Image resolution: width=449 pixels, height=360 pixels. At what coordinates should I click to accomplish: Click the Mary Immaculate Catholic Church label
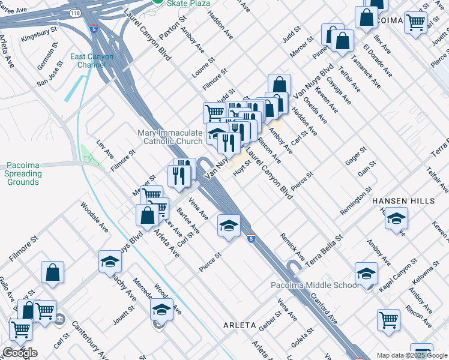pos(170,137)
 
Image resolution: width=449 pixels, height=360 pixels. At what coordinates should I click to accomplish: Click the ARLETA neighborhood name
pos(240,325)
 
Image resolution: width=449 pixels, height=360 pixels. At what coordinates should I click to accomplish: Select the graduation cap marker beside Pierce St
pos(229,226)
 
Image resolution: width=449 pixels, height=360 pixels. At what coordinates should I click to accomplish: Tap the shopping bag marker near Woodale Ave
pos(53,273)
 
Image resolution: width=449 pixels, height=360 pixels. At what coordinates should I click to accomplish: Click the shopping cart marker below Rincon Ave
pos(389,321)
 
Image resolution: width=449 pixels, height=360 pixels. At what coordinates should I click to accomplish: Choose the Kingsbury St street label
pos(38,39)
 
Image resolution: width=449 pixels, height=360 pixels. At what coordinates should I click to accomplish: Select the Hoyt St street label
pos(241,169)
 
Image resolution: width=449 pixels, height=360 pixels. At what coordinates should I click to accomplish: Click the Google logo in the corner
pos(20,353)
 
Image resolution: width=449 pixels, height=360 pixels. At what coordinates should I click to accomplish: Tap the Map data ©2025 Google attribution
pos(412,355)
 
